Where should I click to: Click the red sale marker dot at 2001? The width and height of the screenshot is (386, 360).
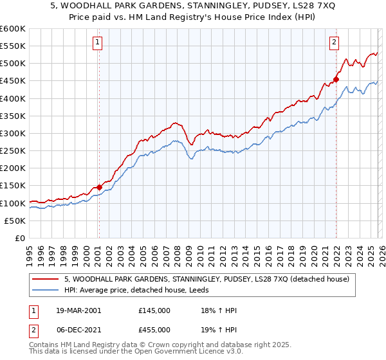99,187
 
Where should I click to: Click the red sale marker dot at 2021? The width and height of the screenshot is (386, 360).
336,80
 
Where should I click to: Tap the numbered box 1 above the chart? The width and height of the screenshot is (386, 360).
97,43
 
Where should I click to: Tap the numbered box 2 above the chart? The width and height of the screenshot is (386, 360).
335,43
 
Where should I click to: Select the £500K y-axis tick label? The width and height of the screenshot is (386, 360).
13,64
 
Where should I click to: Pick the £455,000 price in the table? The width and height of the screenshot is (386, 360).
154,329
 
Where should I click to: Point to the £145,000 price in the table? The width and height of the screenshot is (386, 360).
154,310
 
